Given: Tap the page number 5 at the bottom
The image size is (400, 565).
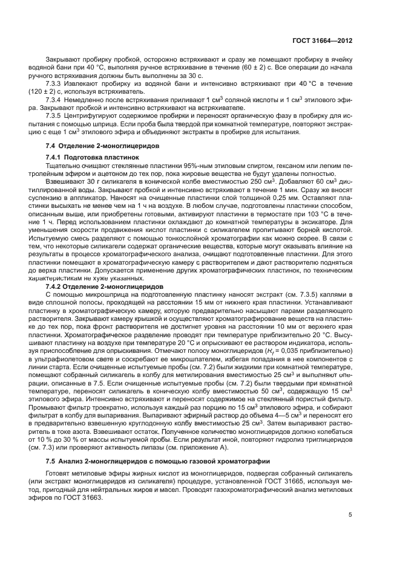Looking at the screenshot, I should [x=350, y=514].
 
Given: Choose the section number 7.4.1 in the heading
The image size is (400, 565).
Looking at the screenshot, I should [x=55, y=157].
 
